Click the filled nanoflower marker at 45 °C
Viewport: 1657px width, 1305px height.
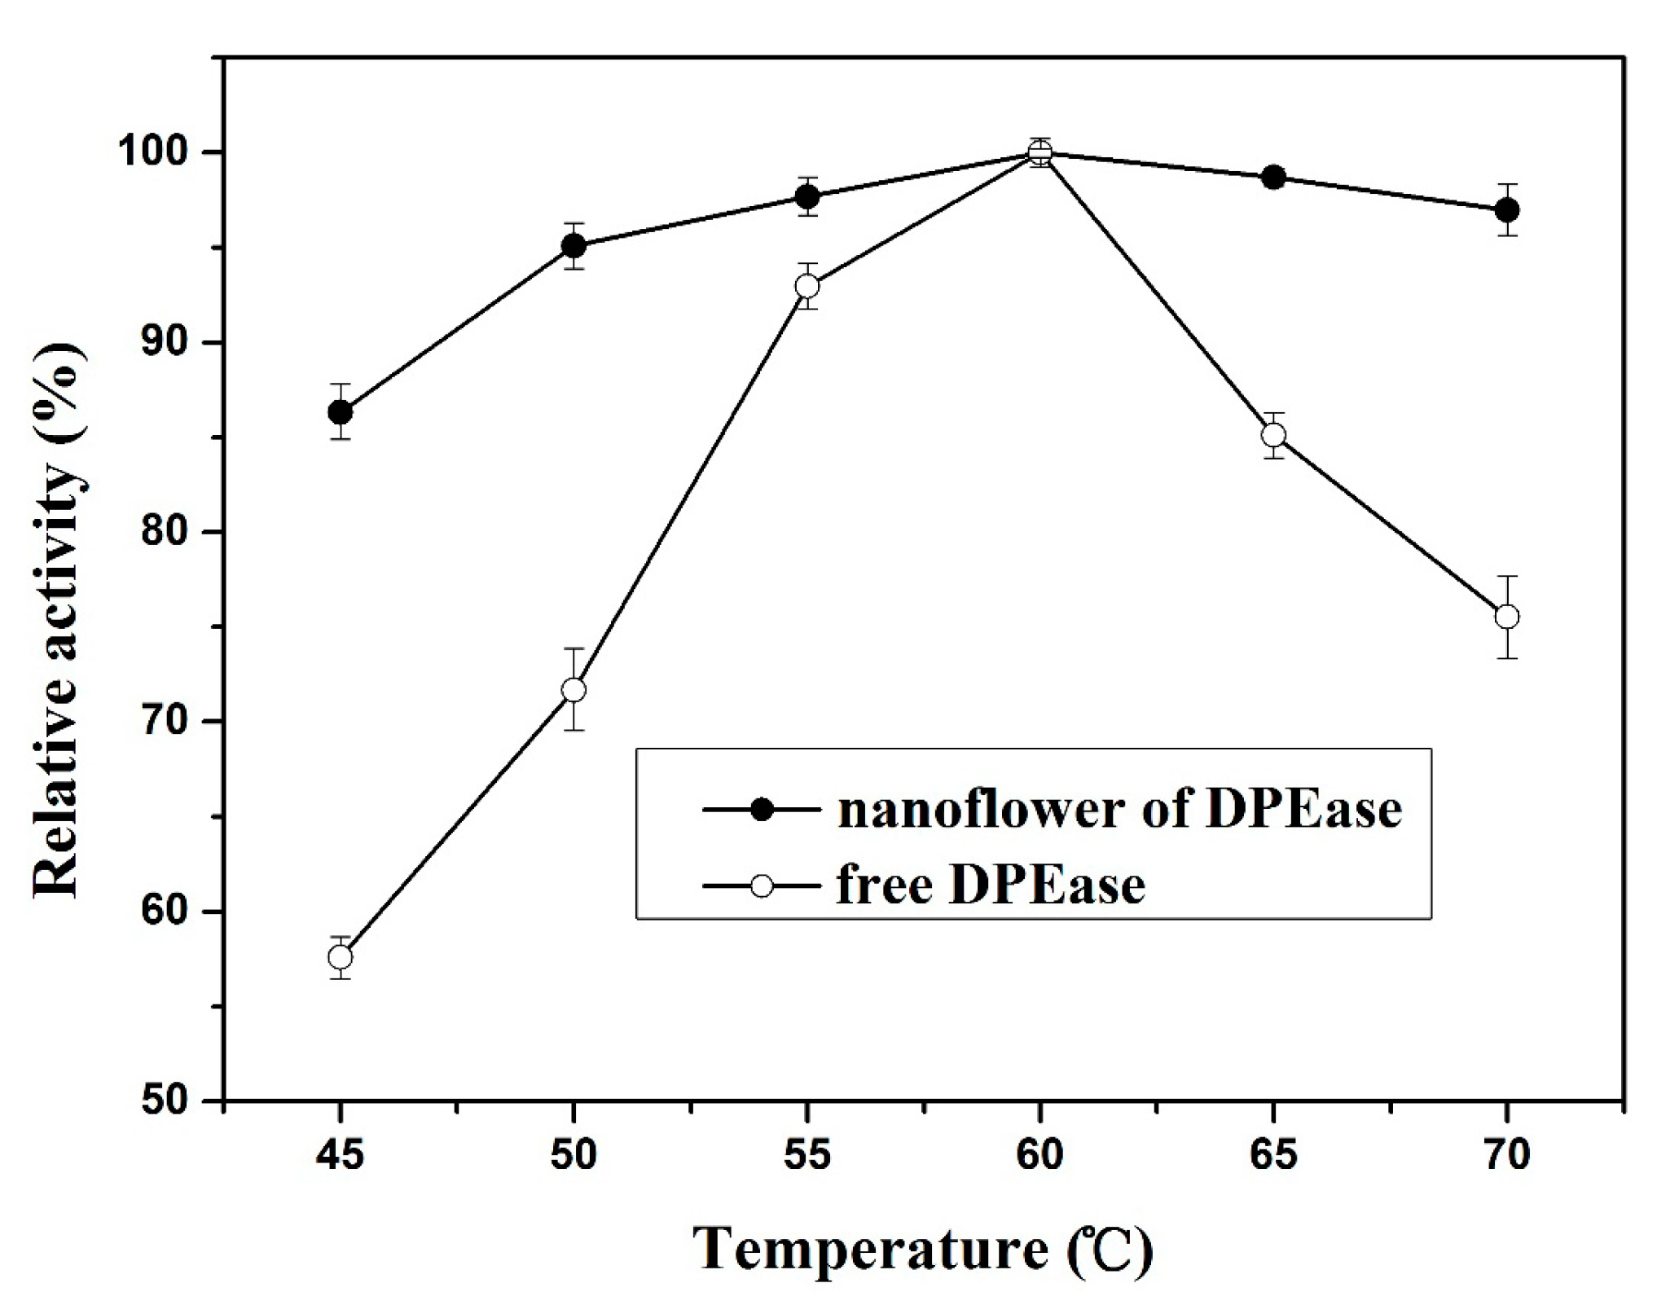pyautogui.click(x=341, y=412)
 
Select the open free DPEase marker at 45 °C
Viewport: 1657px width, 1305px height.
pyautogui.click(x=341, y=956)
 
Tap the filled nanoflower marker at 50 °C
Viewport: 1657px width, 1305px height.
pyautogui.click(x=574, y=245)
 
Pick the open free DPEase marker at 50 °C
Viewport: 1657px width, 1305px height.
pyautogui.click(x=574, y=690)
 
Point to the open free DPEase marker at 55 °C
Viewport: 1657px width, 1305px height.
pyautogui.click(x=807, y=286)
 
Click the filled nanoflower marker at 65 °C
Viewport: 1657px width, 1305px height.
pyautogui.click(x=1274, y=178)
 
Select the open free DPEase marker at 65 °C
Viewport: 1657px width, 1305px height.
pyautogui.click(x=1274, y=435)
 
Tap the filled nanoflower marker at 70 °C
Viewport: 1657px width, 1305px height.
pyautogui.click(x=1507, y=210)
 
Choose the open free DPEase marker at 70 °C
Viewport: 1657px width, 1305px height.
pyautogui.click(x=1507, y=617)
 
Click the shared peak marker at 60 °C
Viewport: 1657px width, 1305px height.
pyautogui.click(x=1040, y=152)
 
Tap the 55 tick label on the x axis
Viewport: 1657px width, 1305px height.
pyautogui.click(x=807, y=1155)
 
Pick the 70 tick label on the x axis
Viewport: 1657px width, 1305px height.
pyautogui.click(x=1507, y=1155)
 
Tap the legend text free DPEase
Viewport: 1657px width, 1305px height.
pyautogui.click(x=991, y=885)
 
